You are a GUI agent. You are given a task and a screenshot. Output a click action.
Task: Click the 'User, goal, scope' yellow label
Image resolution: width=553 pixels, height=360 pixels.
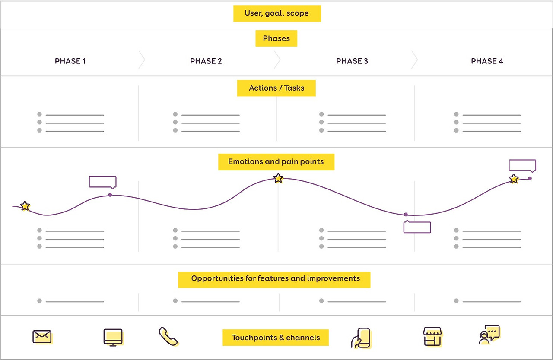click(x=276, y=13)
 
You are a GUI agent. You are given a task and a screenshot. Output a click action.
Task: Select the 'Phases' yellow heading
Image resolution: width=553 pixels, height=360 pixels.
click(x=276, y=38)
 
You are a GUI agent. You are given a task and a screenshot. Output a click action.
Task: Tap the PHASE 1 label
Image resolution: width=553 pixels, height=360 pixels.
click(x=70, y=61)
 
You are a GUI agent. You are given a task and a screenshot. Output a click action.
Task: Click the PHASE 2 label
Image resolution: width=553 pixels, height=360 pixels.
click(x=206, y=61)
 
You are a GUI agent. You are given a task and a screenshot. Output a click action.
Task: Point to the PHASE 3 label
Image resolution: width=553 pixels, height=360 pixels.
click(x=352, y=61)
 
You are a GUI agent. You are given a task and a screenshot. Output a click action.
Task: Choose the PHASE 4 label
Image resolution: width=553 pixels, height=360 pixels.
click(x=486, y=61)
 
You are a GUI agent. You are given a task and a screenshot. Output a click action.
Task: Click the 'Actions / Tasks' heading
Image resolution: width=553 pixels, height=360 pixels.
click(x=276, y=88)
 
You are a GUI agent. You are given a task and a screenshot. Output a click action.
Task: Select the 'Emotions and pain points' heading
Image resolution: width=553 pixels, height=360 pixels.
click(x=276, y=162)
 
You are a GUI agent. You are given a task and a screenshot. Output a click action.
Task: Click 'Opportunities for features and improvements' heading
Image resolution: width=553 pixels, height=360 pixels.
click(x=275, y=279)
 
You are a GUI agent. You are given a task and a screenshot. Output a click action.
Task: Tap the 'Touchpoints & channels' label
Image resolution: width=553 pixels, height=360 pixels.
click(x=276, y=338)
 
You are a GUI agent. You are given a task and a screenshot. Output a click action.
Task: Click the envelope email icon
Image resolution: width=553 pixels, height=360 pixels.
click(x=42, y=337)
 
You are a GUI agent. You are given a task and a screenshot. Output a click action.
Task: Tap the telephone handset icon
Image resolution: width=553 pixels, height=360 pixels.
click(x=168, y=336)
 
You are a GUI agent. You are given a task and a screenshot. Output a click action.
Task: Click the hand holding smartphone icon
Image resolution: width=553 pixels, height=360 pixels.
click(x=361, y=338)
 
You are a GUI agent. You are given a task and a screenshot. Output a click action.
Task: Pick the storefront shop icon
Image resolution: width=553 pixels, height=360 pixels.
click(x=432, y=337)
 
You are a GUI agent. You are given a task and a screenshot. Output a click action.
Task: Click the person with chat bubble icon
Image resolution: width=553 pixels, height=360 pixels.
click(x=489, y=335)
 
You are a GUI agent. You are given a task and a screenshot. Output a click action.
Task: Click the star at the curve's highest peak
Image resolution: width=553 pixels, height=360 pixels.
click(x=278, y=178)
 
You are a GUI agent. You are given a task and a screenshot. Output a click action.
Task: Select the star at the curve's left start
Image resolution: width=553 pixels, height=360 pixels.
click(x=25, y=206)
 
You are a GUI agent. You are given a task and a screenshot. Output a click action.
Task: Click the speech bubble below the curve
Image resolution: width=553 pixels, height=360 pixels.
click(x=417, y=227)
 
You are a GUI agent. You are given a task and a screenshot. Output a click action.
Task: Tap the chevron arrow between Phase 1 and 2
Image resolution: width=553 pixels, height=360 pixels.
click(x=141, y=60)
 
